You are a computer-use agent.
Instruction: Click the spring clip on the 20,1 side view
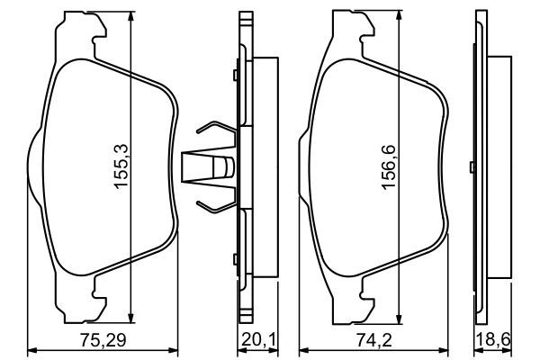click(x=214, y=166)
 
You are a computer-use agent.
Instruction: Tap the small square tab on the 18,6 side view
click(x=475, y=166)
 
